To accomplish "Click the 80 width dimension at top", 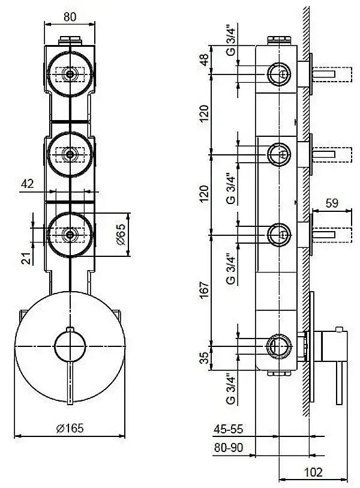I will coord(70,17).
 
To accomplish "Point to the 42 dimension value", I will coord(27,184).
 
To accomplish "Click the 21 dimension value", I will coord(25,258).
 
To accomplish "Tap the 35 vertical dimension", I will coord(204,358).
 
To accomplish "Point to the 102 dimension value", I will coord(313,472).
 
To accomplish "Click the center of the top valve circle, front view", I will coord(70,74).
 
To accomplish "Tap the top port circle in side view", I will coord(278,74).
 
